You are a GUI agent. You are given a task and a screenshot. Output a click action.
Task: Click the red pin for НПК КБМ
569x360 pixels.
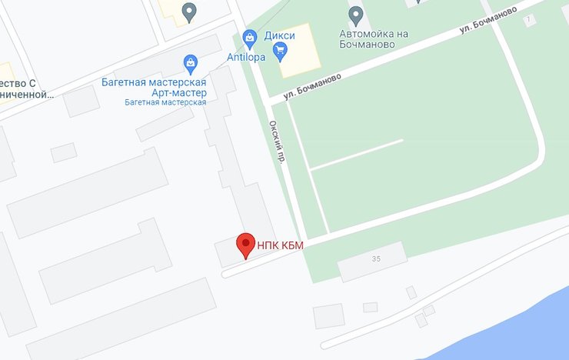coord(245,245)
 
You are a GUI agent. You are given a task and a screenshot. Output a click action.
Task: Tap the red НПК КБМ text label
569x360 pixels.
coord(281,245)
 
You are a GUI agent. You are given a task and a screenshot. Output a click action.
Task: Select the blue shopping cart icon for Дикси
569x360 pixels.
coord(280,52)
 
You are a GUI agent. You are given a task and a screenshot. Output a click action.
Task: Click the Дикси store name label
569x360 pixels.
coord(280,35)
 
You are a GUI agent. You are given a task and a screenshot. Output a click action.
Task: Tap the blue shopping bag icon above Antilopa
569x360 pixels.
coord(249,37)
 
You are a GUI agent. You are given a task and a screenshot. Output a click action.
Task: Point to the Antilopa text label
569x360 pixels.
coord(246,56)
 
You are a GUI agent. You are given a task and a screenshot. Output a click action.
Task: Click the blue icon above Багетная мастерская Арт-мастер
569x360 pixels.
coord(190,62)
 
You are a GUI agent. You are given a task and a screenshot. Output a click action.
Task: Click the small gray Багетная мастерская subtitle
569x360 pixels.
coord(165,102)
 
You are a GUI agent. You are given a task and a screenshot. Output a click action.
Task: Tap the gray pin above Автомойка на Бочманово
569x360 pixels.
coord(355,14)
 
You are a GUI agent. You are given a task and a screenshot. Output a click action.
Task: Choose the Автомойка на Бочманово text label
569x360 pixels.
coord(368,38)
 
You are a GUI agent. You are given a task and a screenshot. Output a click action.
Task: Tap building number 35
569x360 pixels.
coord(375,259)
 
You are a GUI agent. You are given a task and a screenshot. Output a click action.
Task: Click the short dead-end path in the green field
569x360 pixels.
coord(358,155)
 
